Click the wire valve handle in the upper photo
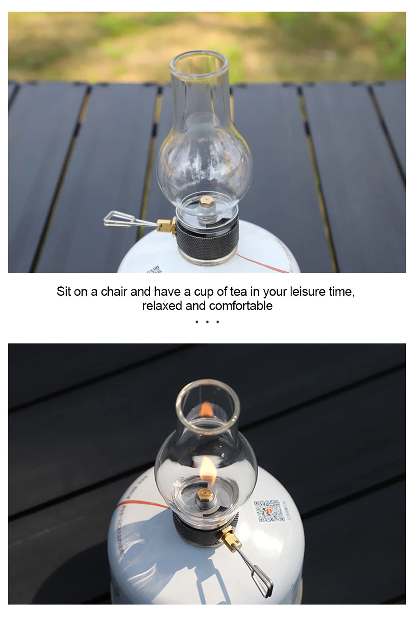[x=124, y=219]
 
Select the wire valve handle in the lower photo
[x=257, y=574]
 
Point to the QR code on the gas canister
[x=269, y=511]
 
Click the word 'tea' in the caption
[x=238, y=292]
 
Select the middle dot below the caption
[x=207, y=322]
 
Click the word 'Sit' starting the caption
[x=63, y=292]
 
